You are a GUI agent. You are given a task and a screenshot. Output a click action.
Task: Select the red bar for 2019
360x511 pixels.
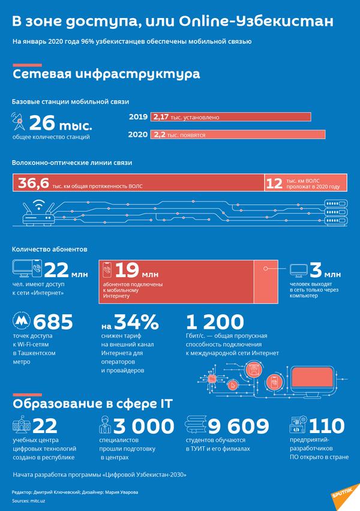(x=230, y=117)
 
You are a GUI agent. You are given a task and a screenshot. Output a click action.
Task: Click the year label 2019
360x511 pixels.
(x=139, y=117)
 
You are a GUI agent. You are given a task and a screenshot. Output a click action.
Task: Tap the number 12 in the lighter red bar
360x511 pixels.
(x=274, y=184)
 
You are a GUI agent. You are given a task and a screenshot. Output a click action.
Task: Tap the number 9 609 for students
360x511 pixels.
(x=239, y=426)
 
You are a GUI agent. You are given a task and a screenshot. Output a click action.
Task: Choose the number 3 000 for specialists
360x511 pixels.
(x=145, y=426)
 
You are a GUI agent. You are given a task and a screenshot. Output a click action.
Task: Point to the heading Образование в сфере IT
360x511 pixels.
(x=92, y=403)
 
